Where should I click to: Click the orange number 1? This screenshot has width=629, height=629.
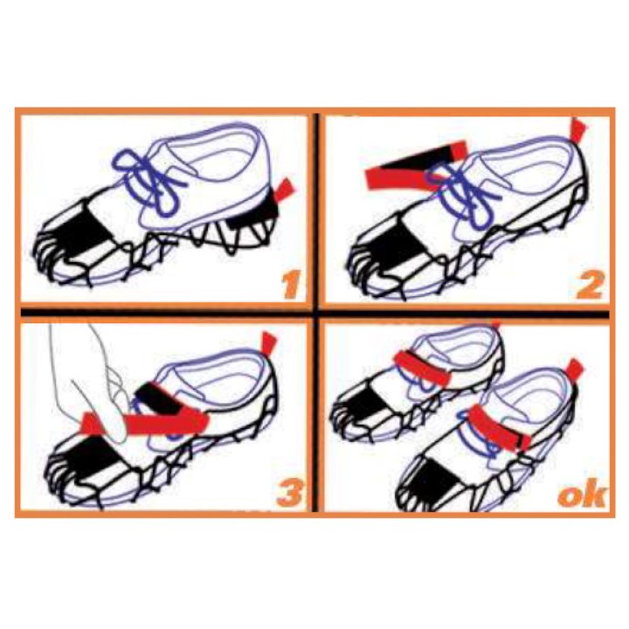[x=291, y=285]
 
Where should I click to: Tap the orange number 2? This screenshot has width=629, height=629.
[x=590, y=285]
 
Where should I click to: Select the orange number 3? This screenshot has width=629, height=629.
[x=290, y=492]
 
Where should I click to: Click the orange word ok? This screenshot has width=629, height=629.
[x=582, y=495]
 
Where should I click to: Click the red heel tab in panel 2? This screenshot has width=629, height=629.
[x=578, y=130]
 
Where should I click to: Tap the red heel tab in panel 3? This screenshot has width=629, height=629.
[x=268, y=344]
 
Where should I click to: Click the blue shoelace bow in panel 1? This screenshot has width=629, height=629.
[x=150, y=182]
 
